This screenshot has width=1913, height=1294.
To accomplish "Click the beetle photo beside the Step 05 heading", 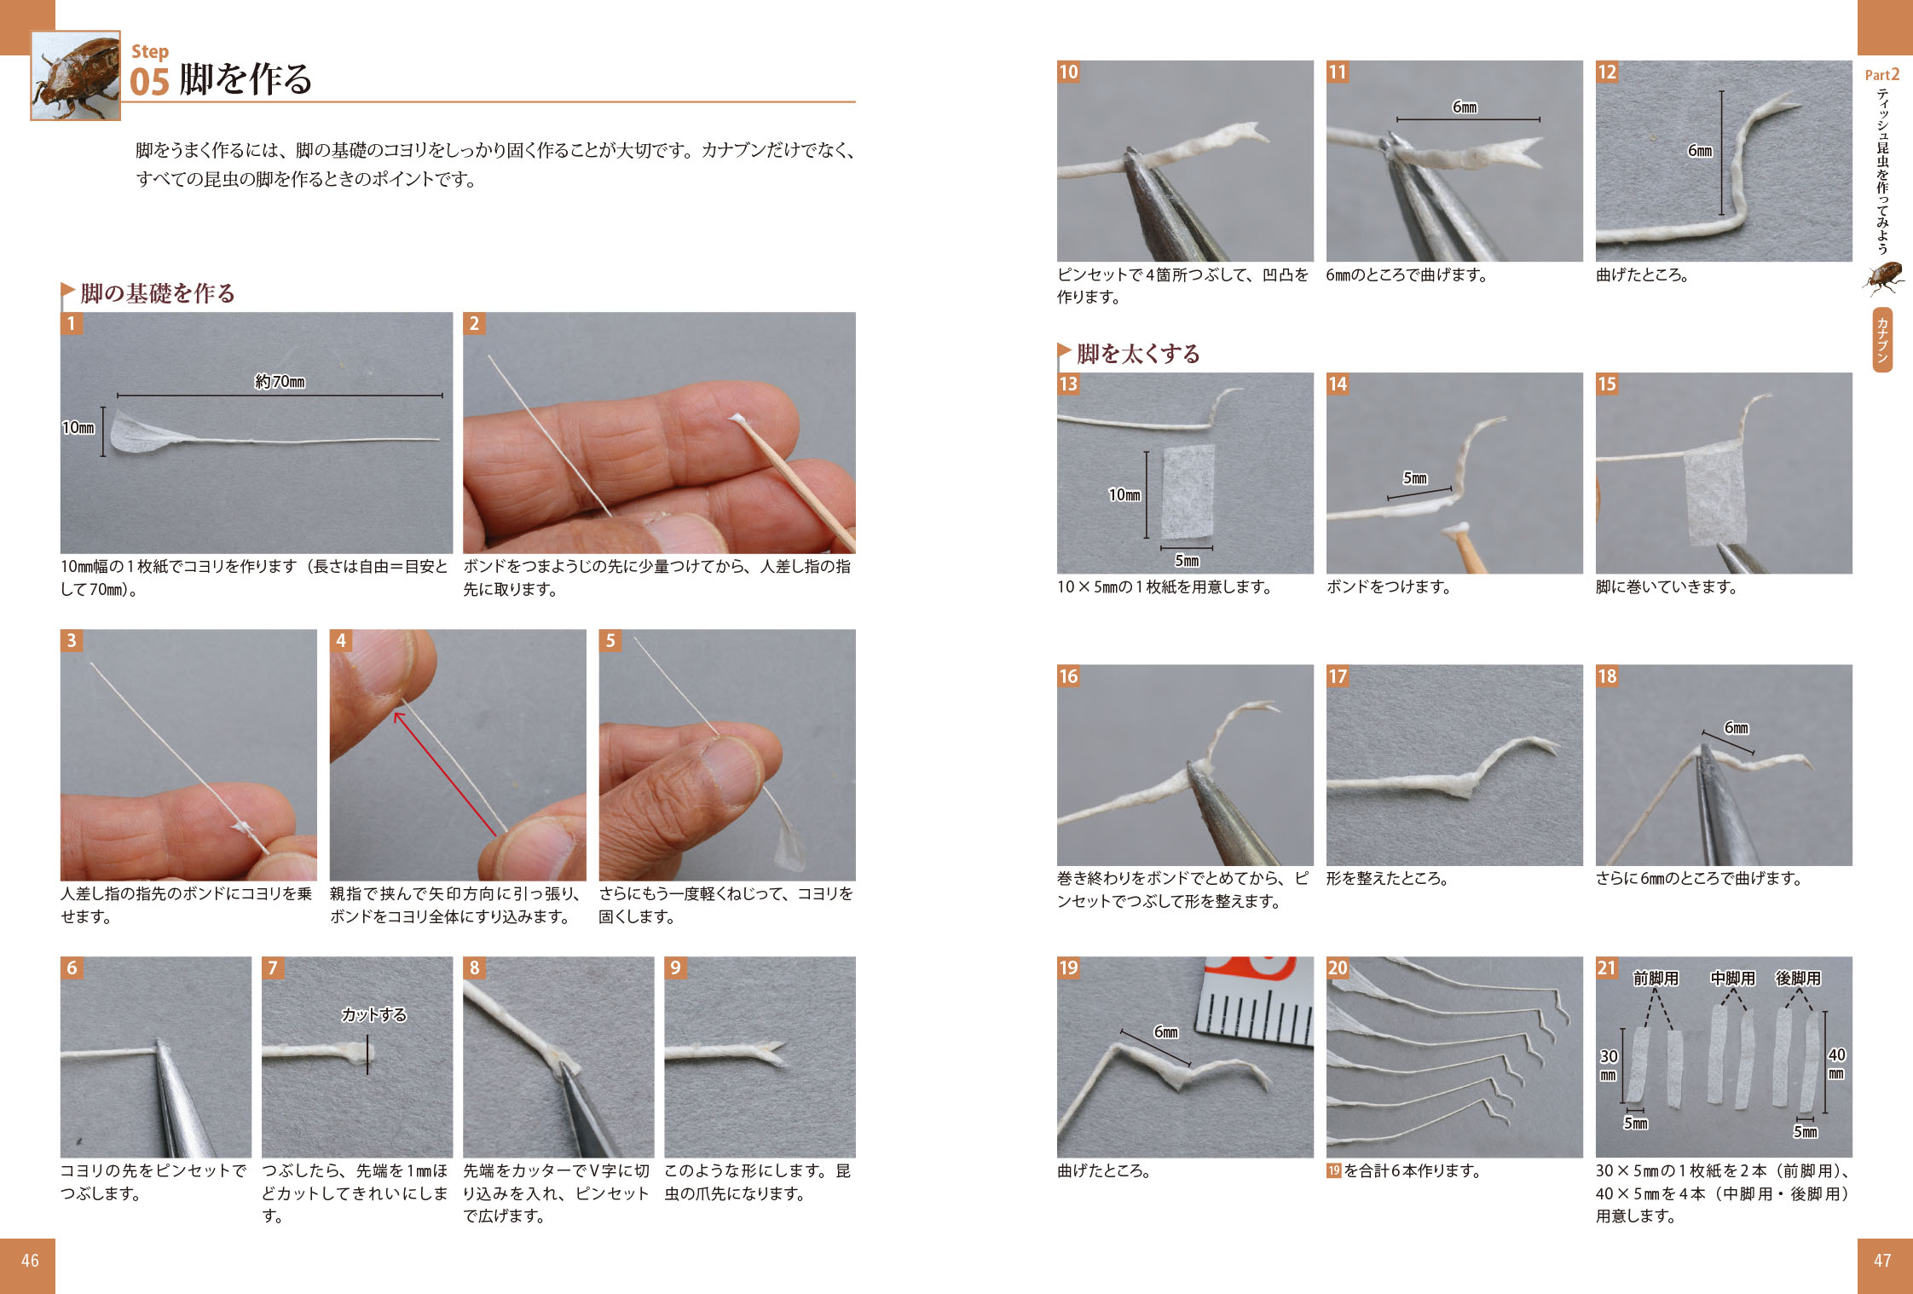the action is (x=76, y=76).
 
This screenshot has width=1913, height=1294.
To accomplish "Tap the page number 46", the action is (x=30, y=1260).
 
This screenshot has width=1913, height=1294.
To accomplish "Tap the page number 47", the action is (x=1882, y=1260).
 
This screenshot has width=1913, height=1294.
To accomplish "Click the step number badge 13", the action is (x=1068, y=384).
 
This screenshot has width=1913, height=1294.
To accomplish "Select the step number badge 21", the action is (x=1607, y=968).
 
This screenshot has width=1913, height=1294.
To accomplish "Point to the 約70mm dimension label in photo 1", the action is (x=280, y=381).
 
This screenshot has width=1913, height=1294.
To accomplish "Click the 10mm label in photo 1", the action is (x=78, y=427).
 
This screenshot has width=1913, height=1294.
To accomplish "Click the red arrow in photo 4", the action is (x=444, y=773).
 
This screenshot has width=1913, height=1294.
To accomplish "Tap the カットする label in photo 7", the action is (x=373, y=1014).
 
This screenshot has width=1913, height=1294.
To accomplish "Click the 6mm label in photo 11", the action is (x=1465, y=107).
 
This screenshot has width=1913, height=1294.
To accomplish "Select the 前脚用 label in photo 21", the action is (x=1656, y=978).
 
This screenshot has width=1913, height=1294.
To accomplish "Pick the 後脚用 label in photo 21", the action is (x=1798, y=978).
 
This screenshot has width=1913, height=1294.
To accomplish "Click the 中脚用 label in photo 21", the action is (x=1733, y=978).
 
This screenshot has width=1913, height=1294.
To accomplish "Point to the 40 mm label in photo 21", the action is (x=1837, y=1063).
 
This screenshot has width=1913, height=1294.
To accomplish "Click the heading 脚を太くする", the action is (x=1138, y=353).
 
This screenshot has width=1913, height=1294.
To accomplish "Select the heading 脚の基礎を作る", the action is (x=158, y=293).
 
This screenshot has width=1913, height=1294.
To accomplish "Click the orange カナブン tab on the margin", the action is (x=1882, y=340).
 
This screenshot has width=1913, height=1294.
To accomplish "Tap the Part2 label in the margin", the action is (x=1882, y=75).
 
